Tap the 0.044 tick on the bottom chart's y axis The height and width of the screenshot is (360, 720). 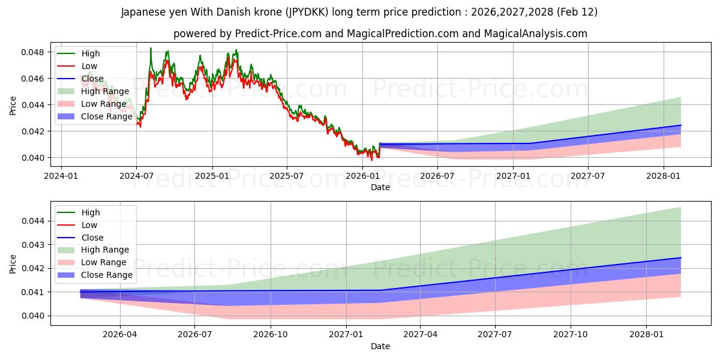tap(35, 221)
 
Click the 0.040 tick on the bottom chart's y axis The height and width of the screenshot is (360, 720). tap(35, 316)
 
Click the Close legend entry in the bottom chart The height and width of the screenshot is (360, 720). tap(92, 238)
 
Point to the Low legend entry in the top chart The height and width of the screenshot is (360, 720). tap(89, 66)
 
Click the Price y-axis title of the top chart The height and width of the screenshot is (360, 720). tap(13, 106)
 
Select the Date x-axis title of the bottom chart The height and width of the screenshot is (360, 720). tap(380, 346)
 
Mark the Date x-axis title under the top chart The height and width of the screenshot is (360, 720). tap(380, 187)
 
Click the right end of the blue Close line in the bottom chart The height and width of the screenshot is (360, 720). tap(681, 257)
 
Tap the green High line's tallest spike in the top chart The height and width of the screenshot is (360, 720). tap(151, 48)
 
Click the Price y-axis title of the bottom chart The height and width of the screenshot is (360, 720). tap(13, 264)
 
